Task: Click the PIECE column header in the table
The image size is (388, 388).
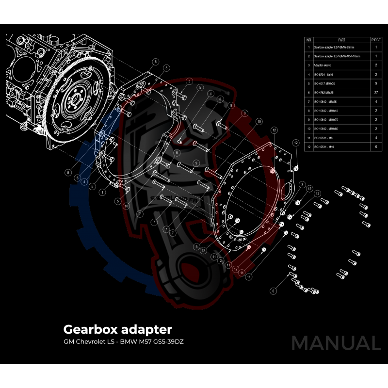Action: (376, 40)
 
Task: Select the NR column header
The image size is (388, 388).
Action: (308, 40)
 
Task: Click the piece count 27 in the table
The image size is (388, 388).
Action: (376, 92)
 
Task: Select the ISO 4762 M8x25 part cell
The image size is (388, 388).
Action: (324, 92)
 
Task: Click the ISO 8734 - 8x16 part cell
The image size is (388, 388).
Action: (323, 74)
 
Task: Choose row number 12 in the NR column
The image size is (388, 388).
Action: (308, 146)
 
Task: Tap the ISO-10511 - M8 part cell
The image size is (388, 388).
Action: (323, 137)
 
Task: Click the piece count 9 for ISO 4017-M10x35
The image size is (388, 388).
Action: (376, 83)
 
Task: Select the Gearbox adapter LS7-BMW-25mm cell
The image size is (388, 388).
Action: (335, 48)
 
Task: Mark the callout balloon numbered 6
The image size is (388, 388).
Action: (274, 291)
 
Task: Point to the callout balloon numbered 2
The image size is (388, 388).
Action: (220, 260)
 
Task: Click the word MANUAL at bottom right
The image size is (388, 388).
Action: (336, 343)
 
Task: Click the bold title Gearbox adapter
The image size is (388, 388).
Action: (118, 329)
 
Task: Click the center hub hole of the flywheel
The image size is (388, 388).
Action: (77, 100)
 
